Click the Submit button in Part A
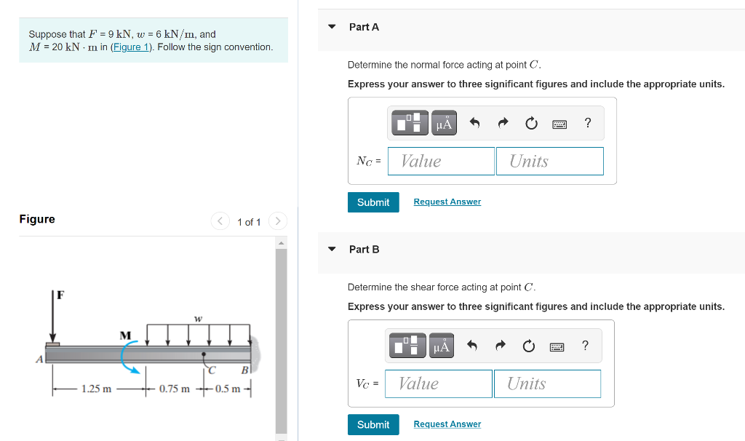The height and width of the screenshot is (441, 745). click(x=373, y=202)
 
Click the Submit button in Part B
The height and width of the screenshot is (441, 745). click(x=373, y=425)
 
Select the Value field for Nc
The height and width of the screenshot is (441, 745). click(x=441, y=162)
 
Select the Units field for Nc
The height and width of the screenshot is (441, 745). click(x=549, y=162)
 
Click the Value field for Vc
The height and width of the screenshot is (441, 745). click(x=439, y=384)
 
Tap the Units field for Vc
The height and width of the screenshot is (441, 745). click(x=547, y=384)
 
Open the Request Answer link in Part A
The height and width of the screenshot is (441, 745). click(x=447, y=202)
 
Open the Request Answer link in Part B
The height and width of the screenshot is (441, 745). click(x=447, y=425)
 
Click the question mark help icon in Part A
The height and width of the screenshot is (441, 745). click(x=588, y=123)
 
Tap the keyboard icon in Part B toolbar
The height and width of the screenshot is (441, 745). click(x=557, y=346)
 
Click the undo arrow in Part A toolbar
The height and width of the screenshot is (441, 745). click(x=474, y=123)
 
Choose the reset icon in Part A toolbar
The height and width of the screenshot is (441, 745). click(x=531, y=123)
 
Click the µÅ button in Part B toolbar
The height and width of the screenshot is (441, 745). click(x=442, y=346)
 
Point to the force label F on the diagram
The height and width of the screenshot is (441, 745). click(x=60, y=295)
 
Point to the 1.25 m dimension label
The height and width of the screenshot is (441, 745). click(x=96, y=389)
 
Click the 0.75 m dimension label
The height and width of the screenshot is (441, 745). click(x=175, y=389)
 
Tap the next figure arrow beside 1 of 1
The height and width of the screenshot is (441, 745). click(x=278, y=221)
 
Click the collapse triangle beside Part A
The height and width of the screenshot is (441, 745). click(x=332, y=27)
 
